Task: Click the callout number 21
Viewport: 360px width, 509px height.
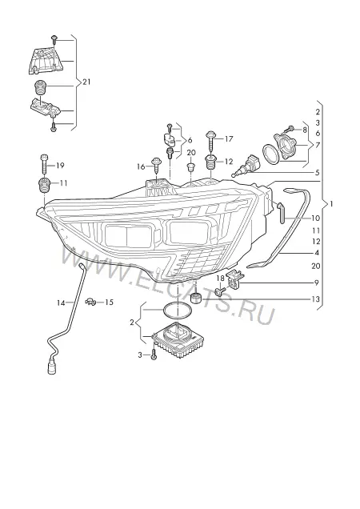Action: click(86, 82)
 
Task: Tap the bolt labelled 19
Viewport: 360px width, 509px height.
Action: click(44, 165)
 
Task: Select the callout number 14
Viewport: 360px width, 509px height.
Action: click(61, 303)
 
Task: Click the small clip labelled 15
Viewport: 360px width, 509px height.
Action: click(90, 302)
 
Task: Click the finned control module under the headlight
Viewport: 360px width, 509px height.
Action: click(178, 341)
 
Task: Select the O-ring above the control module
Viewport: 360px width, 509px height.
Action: click(178, 311)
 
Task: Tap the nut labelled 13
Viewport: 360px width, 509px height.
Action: click(196, 298)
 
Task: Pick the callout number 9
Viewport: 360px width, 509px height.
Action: click(316, 283)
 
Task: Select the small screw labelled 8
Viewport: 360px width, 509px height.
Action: click(289, 129)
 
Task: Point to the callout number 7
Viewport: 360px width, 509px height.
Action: click(317, 145)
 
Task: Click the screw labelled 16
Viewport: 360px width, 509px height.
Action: click(157, 166)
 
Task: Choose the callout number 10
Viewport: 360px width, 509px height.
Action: click(315, 218)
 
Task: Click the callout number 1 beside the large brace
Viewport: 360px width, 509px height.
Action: click(331, 204)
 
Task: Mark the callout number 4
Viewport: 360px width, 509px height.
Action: click(317, 253)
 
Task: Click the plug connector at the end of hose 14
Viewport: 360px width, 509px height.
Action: click(52, 367)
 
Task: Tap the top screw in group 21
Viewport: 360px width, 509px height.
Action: click(54, 39)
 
